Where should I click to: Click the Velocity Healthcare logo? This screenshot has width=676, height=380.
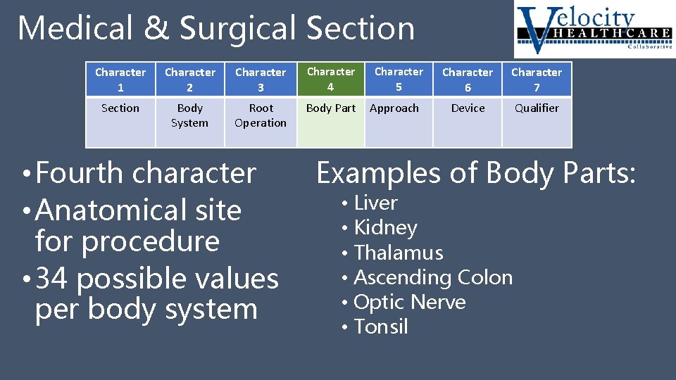coord(594,30)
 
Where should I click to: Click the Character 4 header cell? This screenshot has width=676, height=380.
coord(330,80)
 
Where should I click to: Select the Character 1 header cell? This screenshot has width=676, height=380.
coord(120,80)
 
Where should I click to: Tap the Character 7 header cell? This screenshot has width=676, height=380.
coord(537,80)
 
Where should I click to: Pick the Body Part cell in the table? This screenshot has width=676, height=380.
coord(330,108)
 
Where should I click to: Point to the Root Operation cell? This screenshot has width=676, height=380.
coord(261,115)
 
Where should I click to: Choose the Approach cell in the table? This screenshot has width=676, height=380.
coord(394,108)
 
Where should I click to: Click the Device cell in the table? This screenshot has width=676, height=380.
coord(468,108)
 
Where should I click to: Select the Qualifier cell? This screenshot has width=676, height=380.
coord(537,108)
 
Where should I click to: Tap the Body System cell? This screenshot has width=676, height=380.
coord(189,115)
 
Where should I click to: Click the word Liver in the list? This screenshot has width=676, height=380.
coord(376,203)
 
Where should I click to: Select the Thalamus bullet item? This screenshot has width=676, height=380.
coord(399,253)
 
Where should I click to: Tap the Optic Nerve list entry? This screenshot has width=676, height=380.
coord(410,303)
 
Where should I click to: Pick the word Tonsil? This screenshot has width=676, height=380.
coord(381,327)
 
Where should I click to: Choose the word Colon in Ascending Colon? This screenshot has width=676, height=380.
coord(485,278)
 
